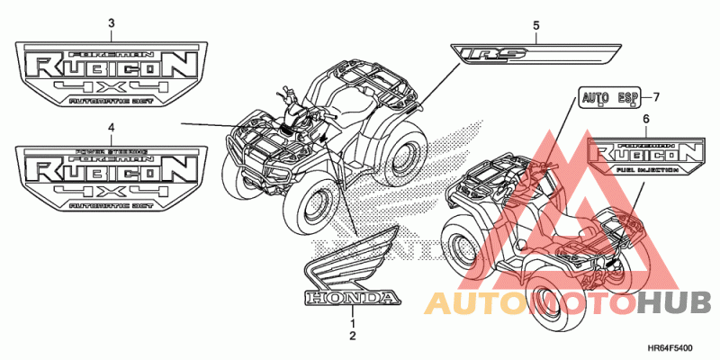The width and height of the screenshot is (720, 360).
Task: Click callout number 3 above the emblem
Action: (111, 22)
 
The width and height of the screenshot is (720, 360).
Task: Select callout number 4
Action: (111, 129)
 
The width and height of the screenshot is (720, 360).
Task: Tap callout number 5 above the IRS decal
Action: (535, 25)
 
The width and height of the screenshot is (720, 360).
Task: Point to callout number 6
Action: (645, 119)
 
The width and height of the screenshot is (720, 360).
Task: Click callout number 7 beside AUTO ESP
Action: (656, 96)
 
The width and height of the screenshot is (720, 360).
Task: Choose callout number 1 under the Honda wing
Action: (353, 322)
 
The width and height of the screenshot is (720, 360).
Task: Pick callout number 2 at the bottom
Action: (353, 336)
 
